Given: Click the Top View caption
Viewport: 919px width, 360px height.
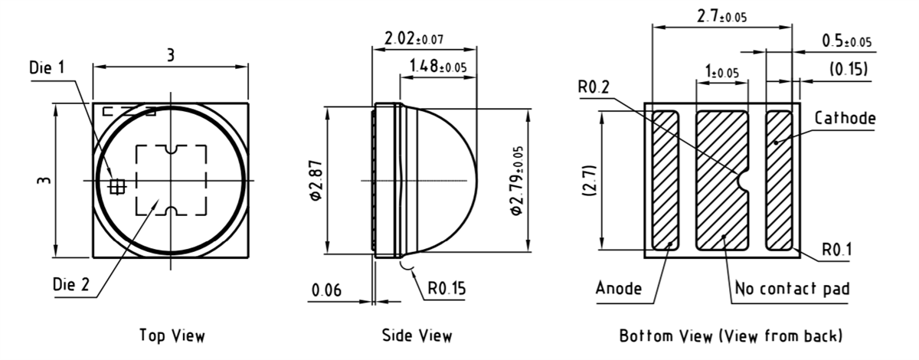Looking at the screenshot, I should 172,335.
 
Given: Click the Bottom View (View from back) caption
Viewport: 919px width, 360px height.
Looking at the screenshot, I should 731,335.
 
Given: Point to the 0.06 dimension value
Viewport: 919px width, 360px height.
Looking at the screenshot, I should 327,290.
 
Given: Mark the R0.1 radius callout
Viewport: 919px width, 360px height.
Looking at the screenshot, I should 838,250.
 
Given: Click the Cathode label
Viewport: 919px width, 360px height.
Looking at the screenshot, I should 845,119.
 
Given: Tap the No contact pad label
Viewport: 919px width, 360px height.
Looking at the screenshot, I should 792,289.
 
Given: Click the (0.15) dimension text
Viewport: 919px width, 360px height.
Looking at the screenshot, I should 849,70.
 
